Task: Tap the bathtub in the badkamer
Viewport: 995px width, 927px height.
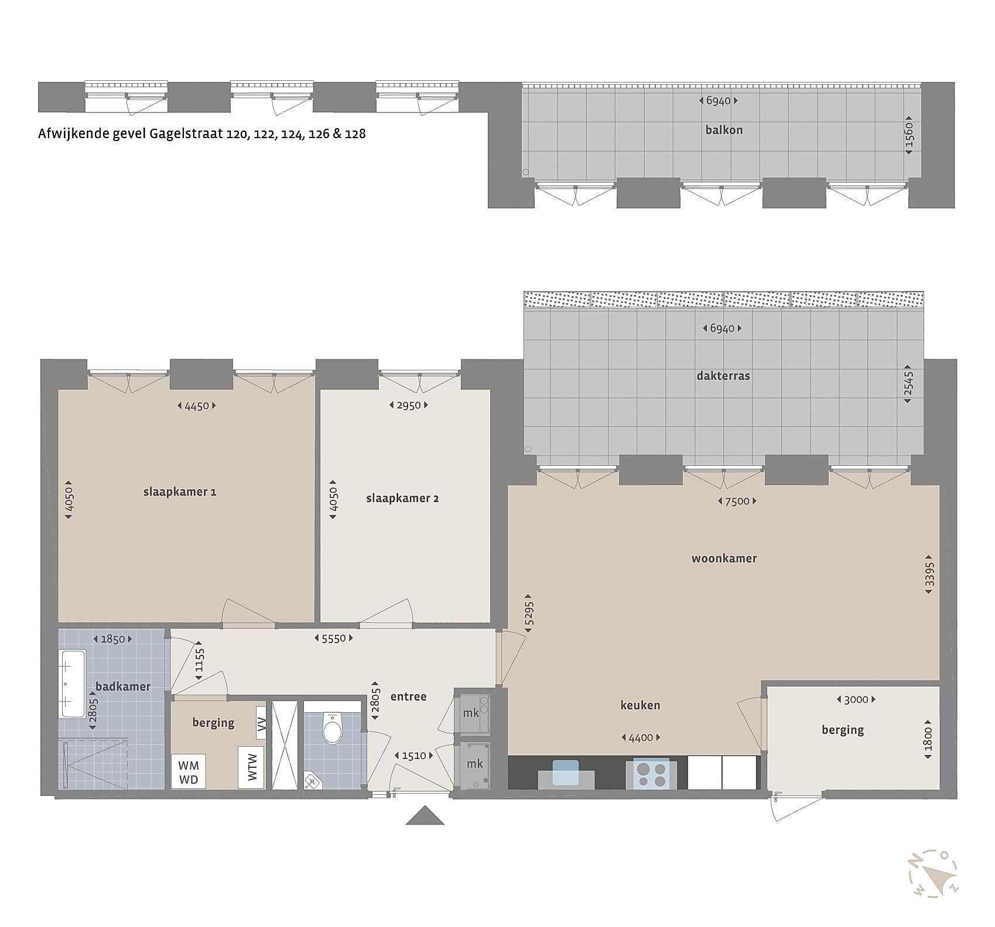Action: point(72,684)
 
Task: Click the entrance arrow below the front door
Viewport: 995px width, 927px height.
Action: point(426,815)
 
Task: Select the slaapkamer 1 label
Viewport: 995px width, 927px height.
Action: point(180,492)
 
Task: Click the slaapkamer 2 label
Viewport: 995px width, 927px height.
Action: point(402,499)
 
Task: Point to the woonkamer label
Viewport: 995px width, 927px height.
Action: point(724,558)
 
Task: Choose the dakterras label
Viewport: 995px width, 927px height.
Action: point(723,376)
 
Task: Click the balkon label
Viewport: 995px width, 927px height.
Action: point(724,130)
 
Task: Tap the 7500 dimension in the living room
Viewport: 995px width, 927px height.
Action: point(737,501)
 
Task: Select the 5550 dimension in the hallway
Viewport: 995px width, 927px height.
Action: point(334,638)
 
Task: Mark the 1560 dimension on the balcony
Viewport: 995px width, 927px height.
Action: point(909,135)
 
